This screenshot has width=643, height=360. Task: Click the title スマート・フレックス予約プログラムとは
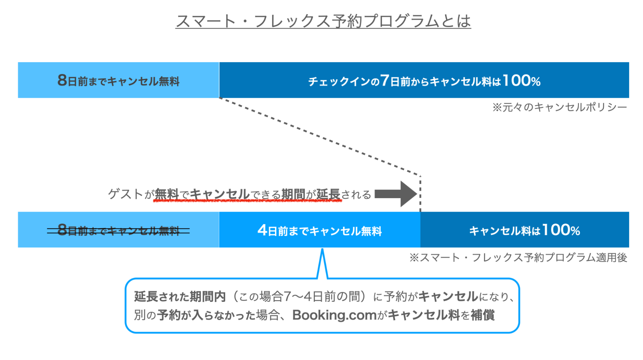[323, 21]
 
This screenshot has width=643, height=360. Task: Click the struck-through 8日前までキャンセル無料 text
[118, 230]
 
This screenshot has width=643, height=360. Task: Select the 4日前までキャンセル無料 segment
[319, 230]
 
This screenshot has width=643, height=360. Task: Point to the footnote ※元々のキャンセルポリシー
[559, 107]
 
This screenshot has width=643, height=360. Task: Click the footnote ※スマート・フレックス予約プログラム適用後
[518, 257]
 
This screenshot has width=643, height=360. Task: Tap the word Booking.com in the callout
[334, 315]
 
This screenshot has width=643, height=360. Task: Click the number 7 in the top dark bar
[385, 80]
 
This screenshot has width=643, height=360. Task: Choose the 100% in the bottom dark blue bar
[561, 230]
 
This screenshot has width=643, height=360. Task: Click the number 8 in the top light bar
[62, 80]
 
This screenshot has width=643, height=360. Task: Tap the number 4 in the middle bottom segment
[262, 230]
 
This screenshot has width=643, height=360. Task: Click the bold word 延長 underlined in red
[328, 194]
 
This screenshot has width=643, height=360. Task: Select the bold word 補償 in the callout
[482, 315]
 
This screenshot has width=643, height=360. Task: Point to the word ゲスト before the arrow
[125, 194]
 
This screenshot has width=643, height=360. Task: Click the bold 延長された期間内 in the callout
[180, 296]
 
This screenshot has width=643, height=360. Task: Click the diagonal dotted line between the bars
[318, 137]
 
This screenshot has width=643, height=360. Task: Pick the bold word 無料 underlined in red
[167, 194]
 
